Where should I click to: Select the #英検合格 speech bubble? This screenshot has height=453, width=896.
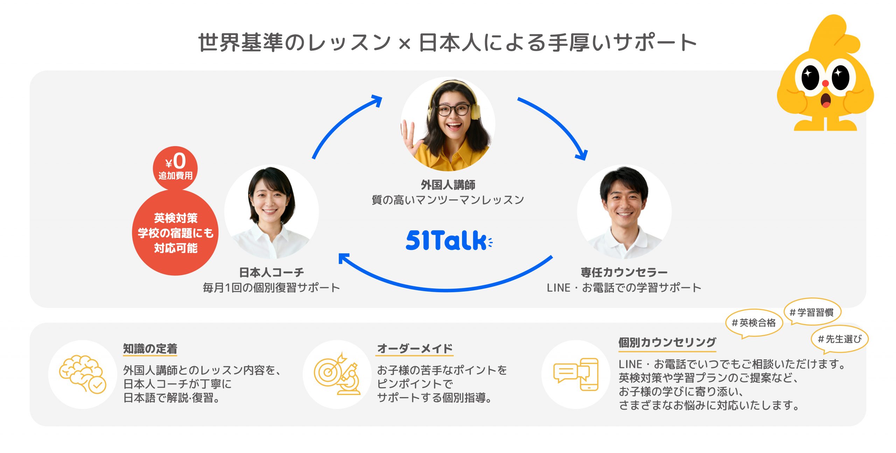tap(754, 323)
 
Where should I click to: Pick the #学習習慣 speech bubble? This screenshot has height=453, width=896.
tap(812, 312)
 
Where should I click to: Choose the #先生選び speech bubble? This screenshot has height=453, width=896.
tap(839, 339)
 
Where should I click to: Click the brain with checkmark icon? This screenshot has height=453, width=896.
tap(83, 374)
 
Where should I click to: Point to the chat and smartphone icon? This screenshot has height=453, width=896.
tap(576, 374)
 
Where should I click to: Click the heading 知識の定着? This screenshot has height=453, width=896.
tap(150, 348)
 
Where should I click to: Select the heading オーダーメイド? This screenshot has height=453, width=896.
tap(415, 348)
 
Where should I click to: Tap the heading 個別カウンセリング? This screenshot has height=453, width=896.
tap(667, 342)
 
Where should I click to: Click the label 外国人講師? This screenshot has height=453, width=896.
tap(448, 185)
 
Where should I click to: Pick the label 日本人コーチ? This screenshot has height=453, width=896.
tap(272, 272)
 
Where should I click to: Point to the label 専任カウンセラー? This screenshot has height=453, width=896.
tap(624, 272)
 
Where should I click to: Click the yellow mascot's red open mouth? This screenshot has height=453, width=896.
tap(826, 101)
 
